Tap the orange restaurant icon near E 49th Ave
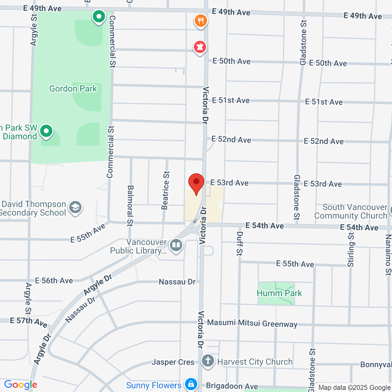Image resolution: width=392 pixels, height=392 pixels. pos(201,21)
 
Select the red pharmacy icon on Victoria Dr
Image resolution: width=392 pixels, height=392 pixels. pos(200,47)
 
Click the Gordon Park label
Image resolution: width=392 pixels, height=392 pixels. pos(73,89)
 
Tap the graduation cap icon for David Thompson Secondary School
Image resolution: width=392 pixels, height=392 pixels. pos(75,208)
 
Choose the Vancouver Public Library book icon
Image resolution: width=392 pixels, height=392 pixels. pos(176,245)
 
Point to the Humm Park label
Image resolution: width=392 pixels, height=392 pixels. pos(279,293)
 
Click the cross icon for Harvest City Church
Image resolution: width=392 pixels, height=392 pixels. pos(208,361)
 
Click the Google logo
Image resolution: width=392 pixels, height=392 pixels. pos(21,385)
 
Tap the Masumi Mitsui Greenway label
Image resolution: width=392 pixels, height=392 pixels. pos(252,323)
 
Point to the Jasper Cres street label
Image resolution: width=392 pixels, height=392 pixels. pos(173,362)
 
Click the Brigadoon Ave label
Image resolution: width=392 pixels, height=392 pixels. pos(232,386)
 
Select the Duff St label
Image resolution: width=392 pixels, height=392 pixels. pos(239,243)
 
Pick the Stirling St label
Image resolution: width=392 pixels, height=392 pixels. pos(351,250)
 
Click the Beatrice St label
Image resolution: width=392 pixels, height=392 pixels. pos(165,190)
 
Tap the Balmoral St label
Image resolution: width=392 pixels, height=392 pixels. pos(130,205)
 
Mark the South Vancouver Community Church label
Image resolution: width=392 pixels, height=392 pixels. pos(351,212)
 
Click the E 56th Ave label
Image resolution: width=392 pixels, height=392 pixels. pos(54,281)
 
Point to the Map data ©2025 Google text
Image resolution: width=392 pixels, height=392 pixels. pos(354,388)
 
